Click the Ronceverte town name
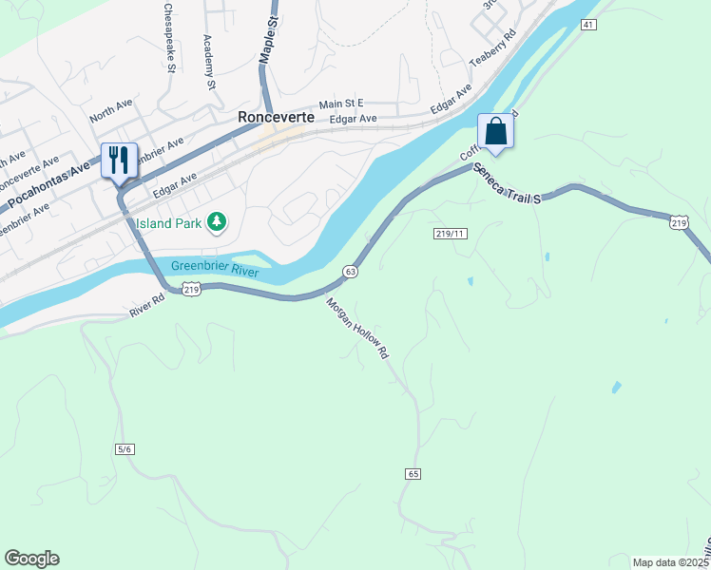pyautogui.click(x=276, y=118)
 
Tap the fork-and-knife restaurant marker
pyautogui.click(x=119, y=160)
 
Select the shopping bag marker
pyautogui.click(x=495, y=131)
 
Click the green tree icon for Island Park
pyautogui.click(x=219, y=222)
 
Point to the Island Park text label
pyautogui.click(x=169, y=223)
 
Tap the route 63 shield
pyautogui.click(x=351, y=272)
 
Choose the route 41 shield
pyautogui.click(x=589, y=25)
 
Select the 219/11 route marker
pyautogui.click(x=451, y=233)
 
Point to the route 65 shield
pyautogui.click(x=412, y=473)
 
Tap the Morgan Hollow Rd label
pyautogui.click(x=358, y=329)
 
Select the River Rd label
pyautogui.click(x=147, y=310)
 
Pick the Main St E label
pyautogui.click(x=341, y=104)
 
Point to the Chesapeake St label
pyautogui.click(x=170, y=39)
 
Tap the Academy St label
pyautogui.click(x=210, y=63)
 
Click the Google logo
pyautogui.click(x=31, y=559)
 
